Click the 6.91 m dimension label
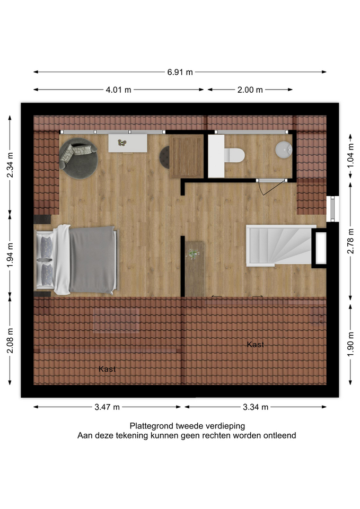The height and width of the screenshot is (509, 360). click(x=180, y=72)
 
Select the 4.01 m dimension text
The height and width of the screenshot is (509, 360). click(x=118, y=90)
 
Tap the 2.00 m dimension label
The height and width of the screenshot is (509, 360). click(x=250, y=90)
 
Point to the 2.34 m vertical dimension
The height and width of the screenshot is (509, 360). click(x=10, y=165)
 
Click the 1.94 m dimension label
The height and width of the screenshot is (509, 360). click(x=10, y=255)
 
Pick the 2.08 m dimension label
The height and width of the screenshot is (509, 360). click(x=10, y=340)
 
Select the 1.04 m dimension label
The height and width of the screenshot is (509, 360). click(x=350, y=156)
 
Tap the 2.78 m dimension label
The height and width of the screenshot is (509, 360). click(x=350, y=241)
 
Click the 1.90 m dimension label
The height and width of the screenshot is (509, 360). click(x=350, y=344)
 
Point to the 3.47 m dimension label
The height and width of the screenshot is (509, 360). click(x=107, y=407)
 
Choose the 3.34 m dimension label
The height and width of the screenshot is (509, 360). click(x=256, y=407)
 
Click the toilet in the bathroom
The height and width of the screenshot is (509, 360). click(x=234, y=155)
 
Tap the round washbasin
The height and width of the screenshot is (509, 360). click(x=284, y=150)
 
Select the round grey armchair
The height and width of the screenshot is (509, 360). click(x=78, y=159)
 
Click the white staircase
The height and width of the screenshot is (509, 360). click(x=281, y=245)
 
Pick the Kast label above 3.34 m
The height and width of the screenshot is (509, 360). click(x=256, y=345)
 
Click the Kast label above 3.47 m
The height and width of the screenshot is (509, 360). click(x=107, y=369)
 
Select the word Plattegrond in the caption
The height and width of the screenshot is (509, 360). click(x=152, y=426)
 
